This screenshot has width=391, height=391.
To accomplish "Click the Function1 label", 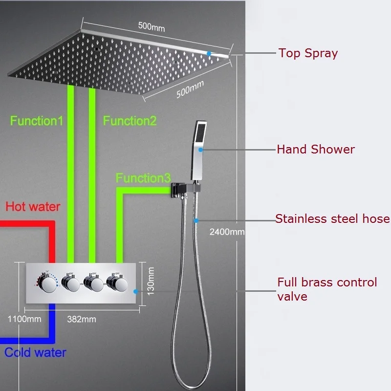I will point(37,121).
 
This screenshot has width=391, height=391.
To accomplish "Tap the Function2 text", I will point(130,121).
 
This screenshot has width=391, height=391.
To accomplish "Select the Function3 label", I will point(140,178).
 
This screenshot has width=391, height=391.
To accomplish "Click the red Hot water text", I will point(33,206).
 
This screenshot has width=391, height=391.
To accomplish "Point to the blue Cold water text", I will point(35,352).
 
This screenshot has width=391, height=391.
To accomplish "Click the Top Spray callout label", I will point(308,53).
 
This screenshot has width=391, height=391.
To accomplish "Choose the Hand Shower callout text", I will point(316,149).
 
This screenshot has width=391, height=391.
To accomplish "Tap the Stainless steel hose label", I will point(332,218).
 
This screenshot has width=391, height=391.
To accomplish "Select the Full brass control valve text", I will point(327,289).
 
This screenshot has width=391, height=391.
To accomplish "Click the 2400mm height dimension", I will point(227,232).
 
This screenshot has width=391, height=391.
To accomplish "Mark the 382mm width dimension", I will point(81,319).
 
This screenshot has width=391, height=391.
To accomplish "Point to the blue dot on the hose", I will point(196,220).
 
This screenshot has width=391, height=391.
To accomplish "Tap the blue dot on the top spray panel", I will point(209,53).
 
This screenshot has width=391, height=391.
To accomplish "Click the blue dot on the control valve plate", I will point(136,291).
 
